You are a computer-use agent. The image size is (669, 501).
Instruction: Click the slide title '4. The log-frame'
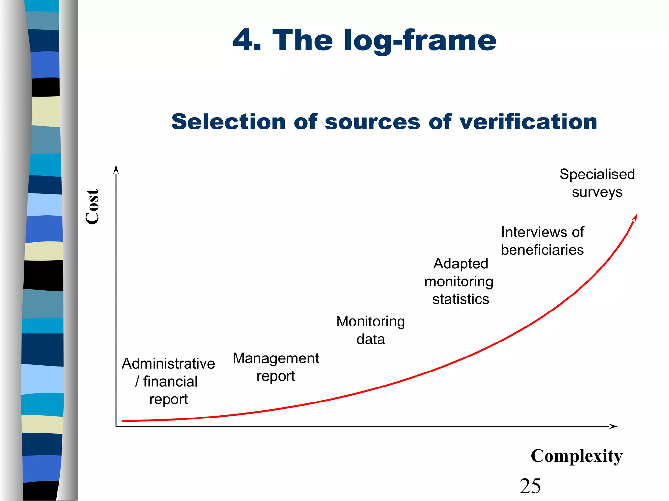click(364, 40)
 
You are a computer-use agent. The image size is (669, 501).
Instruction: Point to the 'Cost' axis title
click(92, 207)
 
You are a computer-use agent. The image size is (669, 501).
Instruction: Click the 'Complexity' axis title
click(577, 456)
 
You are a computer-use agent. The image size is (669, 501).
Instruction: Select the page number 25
click(530, 486)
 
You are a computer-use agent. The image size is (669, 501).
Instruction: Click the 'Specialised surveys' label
click(597, 183)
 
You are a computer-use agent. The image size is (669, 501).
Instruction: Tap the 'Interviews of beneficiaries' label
click(542, 241)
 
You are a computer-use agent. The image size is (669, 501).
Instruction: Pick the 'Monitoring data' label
click(371, 330)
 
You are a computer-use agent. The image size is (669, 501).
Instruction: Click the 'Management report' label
click(276, 367)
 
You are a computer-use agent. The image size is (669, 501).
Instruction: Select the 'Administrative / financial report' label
click(168, 381)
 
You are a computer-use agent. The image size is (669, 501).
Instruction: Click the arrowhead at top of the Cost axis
click(116, 169)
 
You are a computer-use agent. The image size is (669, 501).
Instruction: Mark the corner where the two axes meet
click(116, 426)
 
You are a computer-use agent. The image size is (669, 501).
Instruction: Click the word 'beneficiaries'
click(542, 250)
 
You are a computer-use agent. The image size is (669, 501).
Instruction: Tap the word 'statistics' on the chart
click(461, 299)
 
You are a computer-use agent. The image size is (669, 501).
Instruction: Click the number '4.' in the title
click(247, 40)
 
